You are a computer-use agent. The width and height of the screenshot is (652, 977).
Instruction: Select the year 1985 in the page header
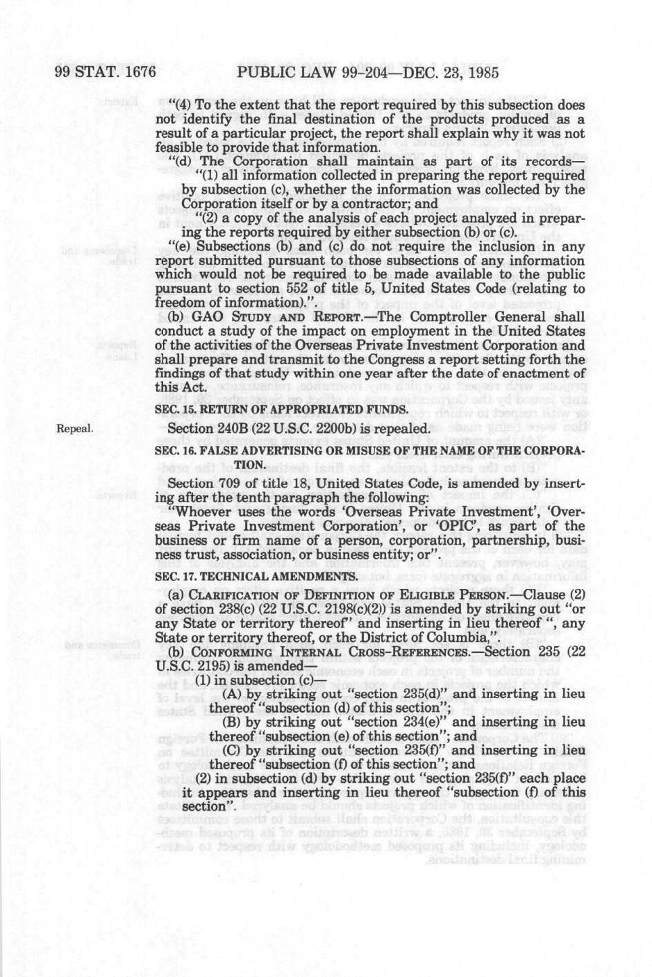[x=475, y=72]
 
